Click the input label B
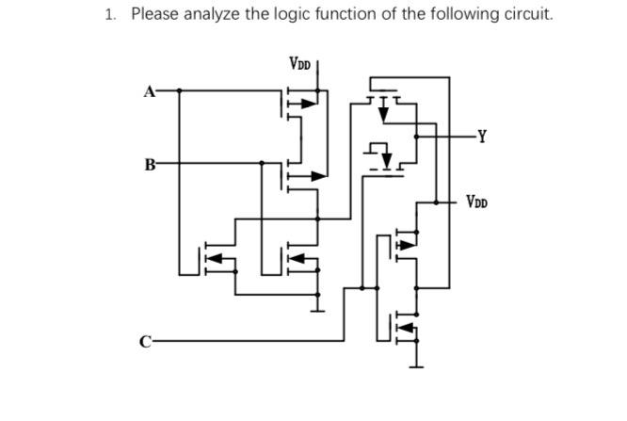point(149,163)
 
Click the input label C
point(145,340)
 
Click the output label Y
point(482,136)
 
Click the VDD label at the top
point(299,64)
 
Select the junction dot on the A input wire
point(180,91)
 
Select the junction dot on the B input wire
point(263,163)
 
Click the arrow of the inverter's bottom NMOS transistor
point(408,329)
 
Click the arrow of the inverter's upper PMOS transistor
point(406,244)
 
